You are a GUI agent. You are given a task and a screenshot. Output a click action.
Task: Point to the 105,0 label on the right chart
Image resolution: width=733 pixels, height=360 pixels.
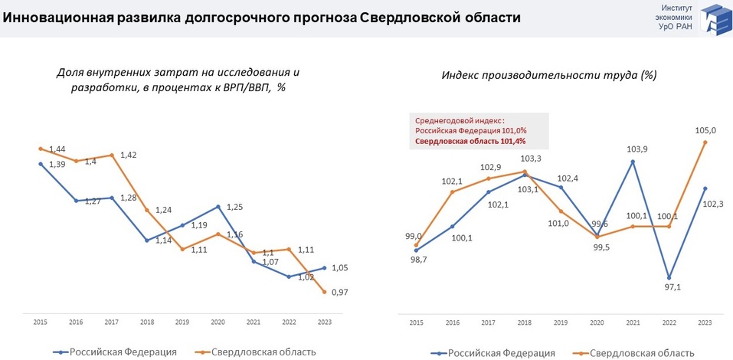705,130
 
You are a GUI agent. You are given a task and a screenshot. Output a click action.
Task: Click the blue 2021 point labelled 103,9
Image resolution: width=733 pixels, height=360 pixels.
633,161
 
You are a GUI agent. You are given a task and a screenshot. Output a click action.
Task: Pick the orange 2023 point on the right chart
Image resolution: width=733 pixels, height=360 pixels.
705,142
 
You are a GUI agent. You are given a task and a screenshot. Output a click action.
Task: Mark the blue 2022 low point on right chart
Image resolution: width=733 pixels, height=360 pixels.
669,277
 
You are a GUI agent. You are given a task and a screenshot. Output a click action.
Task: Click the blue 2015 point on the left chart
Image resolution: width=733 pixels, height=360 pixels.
41,163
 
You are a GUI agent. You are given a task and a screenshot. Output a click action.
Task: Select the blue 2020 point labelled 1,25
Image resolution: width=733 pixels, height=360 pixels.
219,207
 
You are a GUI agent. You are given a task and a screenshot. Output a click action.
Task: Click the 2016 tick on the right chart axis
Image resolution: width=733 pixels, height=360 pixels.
452,323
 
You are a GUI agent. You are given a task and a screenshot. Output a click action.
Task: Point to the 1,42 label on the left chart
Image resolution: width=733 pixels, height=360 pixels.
129,155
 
